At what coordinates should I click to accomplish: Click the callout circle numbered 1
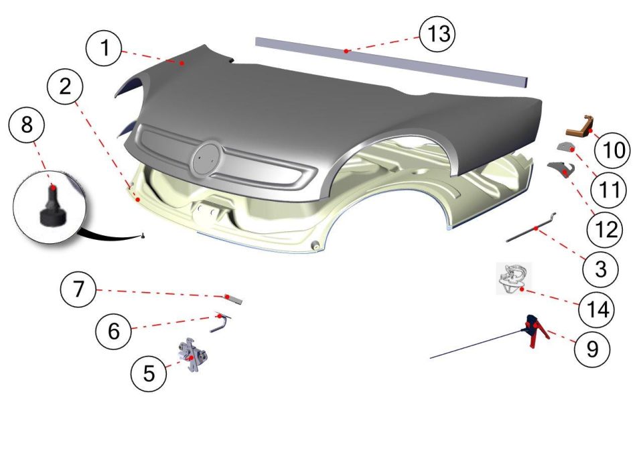pos(104,48)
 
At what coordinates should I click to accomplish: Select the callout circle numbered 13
pos(437,34)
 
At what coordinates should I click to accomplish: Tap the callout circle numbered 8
pos(27,123)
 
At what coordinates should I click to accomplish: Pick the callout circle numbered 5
pos(149,373)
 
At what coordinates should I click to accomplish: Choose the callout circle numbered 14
pos(596,309)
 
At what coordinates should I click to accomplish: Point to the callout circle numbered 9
pos(592,348)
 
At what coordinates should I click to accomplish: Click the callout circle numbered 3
pos(600,269)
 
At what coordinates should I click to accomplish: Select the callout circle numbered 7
pos(78,289)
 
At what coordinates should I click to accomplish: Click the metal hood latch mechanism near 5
pos(192,354)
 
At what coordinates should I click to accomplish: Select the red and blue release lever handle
pos(534,330)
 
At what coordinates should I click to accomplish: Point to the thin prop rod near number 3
pos(531,228)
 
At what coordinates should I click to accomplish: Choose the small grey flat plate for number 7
pos(233,298)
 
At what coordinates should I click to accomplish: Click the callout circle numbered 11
pos(609,190)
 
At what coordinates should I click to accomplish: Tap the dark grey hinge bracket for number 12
pos(561,168)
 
